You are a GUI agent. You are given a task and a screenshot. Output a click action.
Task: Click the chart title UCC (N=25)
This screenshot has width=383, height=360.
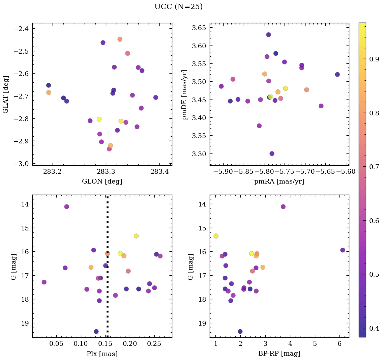click(x=178, y=7)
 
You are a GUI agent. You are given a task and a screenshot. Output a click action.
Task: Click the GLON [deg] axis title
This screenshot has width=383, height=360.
click(x=102, y=182)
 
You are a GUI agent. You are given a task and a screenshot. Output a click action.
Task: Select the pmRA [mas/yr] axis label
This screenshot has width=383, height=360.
click(x=279, y=182)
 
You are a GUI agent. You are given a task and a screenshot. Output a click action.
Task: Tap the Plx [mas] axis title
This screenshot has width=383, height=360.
click(x=102, y=354)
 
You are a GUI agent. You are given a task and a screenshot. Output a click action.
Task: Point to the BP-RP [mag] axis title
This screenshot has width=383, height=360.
click(x=279, y=354)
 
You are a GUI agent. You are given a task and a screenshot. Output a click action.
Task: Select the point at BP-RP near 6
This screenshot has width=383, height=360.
click(x=343, y=250)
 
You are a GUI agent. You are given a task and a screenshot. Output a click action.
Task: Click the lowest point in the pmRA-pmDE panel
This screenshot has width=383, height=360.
click(x=272, y=154)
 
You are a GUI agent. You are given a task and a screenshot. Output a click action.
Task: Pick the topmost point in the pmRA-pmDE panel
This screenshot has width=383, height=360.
click(x=268, y=35)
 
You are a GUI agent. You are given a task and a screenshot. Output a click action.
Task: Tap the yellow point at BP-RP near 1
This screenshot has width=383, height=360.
click(x=216, y=236)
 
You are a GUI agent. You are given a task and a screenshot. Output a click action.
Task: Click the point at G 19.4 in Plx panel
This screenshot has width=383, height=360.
click(x=96, y=331)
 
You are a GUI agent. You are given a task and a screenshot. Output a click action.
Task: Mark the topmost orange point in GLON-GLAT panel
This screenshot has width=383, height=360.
click(x=120, y=39)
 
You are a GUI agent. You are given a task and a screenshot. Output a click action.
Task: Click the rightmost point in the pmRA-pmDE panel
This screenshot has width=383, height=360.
click(x=337, y=74)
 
